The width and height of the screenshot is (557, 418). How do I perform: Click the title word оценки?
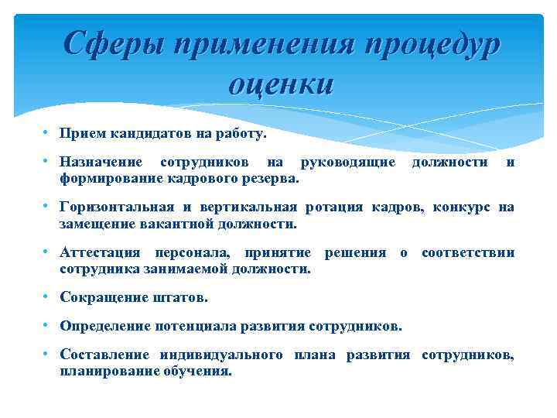pyautogui.click(x=281, y=81)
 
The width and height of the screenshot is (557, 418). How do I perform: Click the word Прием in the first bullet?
pyautogui.click(x=82, y=134)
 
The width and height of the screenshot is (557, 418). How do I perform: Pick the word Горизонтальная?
pyautogui.click(x=118, y=207)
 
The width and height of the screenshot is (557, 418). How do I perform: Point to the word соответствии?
pyautogui.click(x=467, y=253)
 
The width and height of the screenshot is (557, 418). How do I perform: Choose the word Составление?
pyautogui.click(x=105, y=355)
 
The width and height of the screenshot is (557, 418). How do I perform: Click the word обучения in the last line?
pyautogui.click(x=197, y=370)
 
